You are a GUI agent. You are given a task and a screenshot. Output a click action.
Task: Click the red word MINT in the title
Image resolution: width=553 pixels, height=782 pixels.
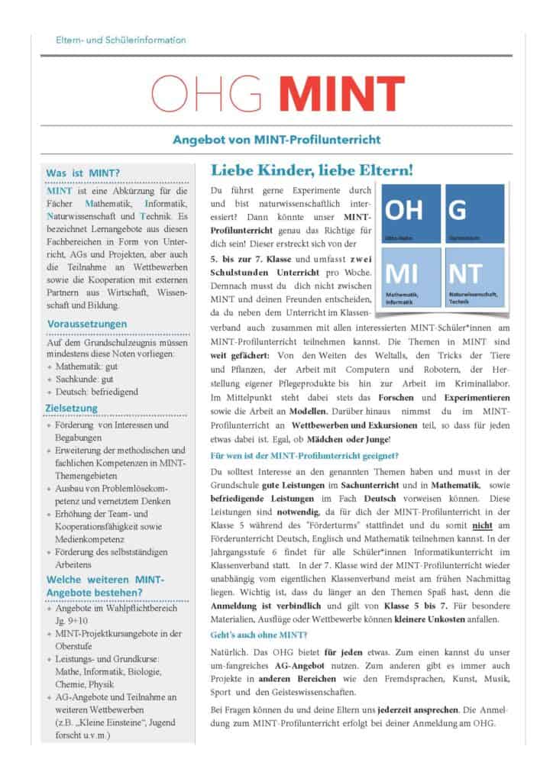pos(340,92)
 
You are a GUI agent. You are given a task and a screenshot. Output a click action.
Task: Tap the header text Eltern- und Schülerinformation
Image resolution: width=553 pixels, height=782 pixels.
pos(121,40)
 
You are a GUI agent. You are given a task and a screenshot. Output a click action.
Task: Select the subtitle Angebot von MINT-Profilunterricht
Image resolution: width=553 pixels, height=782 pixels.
pos(276,140)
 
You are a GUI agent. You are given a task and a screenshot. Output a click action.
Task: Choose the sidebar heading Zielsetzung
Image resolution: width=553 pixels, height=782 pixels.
pos(72,408)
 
